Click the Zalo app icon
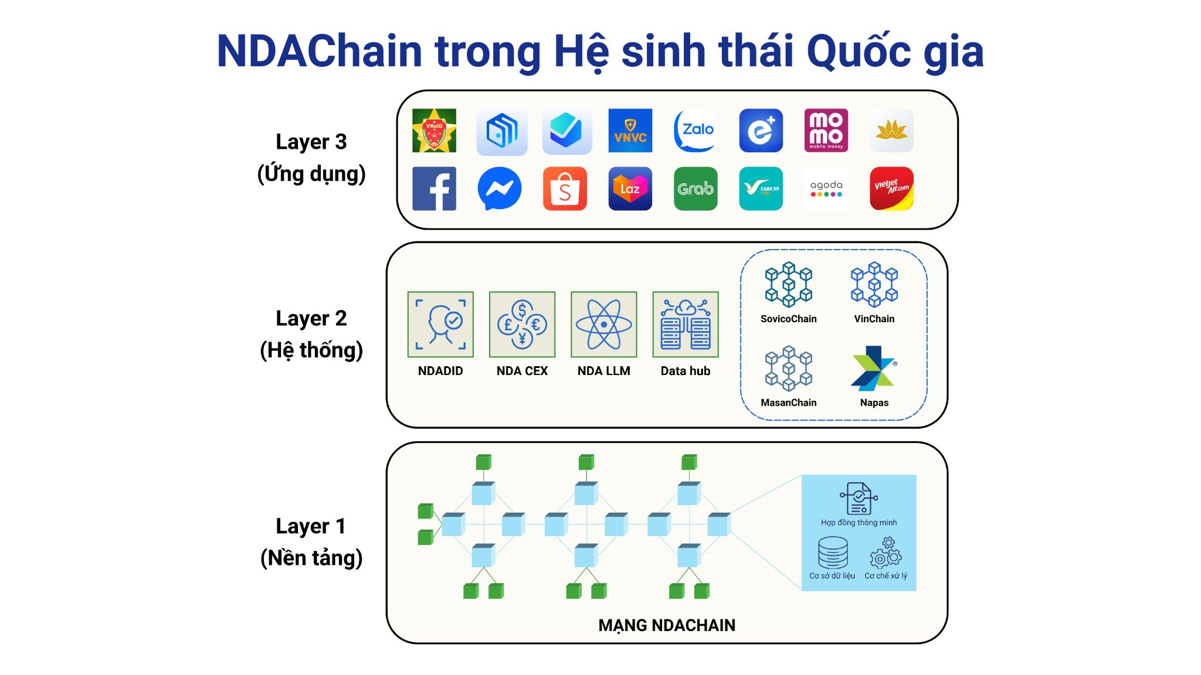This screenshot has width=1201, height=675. (696, 130)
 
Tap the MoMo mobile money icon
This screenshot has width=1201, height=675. (826, 130)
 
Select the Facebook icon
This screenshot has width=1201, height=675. (434, 189)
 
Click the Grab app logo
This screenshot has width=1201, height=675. (696, 189)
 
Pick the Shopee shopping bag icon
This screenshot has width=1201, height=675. (565, 189)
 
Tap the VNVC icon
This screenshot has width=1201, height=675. (630, 130)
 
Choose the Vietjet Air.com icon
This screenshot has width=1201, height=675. (891, 189)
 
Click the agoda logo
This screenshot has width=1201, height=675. (826, 189)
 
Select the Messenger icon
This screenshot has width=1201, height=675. (500, 189)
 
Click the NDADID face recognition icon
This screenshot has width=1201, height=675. (440, 324)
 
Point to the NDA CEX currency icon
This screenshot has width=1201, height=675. (522, 324)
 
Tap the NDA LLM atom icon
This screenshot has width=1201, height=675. (603, 324)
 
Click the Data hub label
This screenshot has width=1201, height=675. (685, 371)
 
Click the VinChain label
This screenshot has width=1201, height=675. (874, 319)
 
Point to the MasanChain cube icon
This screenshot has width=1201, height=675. (788, 369)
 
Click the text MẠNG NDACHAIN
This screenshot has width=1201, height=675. (666, 625)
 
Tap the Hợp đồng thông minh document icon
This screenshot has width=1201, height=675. (859, 499)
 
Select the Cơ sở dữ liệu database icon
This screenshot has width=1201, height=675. (833, 553)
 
